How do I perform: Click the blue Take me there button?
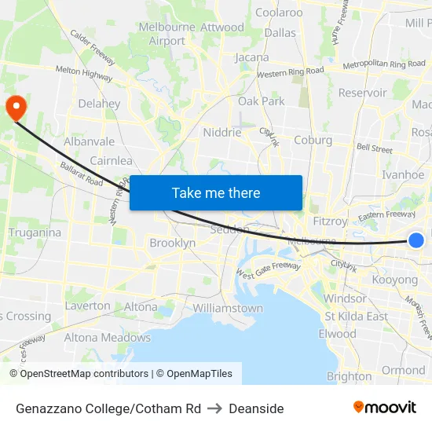(216, 192)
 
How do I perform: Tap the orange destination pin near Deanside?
(16, 107)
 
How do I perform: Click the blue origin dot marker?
(416, 241)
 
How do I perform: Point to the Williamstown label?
(228, 308)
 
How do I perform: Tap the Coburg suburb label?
(313, 140)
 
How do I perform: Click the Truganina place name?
(35, 232)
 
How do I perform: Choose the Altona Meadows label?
(107, 338)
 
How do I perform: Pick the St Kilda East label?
(357, 317)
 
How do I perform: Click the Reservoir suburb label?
(362, 93)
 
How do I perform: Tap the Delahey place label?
(99, 103)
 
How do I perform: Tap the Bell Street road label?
(374, 148)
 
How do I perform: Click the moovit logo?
(384, 408)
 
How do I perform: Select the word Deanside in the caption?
(257, 408)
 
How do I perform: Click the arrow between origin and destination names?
(215, 408)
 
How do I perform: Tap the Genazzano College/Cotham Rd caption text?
(108, 408)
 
